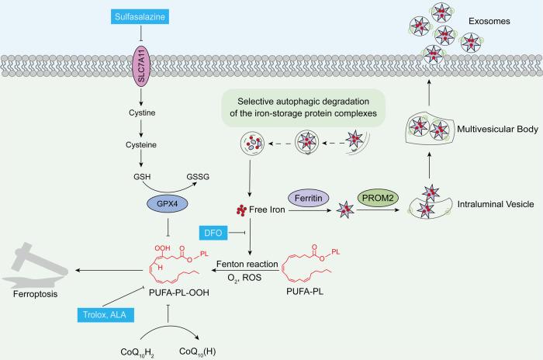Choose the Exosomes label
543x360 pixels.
pyautogui.click(x=489, y=21)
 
